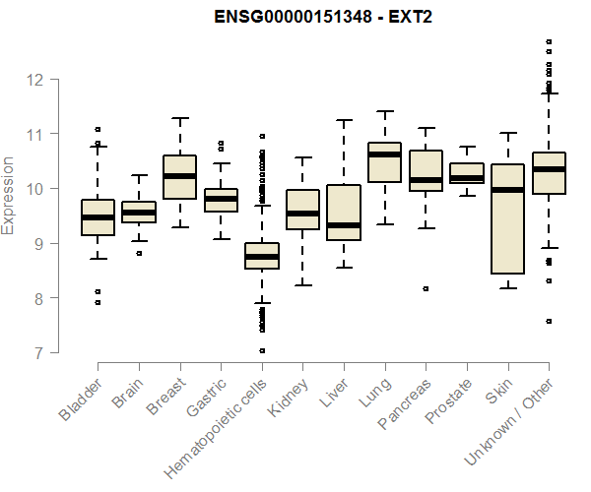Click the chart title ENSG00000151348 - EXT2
[324, 17]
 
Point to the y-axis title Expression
[9, 195]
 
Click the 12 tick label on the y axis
[37, 79]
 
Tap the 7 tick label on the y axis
[37, 352]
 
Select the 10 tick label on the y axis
[37, 188]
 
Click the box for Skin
[507, 218]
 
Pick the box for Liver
[343, 213]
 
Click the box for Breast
[179, 177]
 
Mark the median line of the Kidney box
[302, 214]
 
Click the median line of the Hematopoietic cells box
[261, 257]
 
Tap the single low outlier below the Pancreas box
[426, 288]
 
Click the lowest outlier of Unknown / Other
[549, 321]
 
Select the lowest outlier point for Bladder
[98, 302]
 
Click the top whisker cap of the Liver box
[343, 121]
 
